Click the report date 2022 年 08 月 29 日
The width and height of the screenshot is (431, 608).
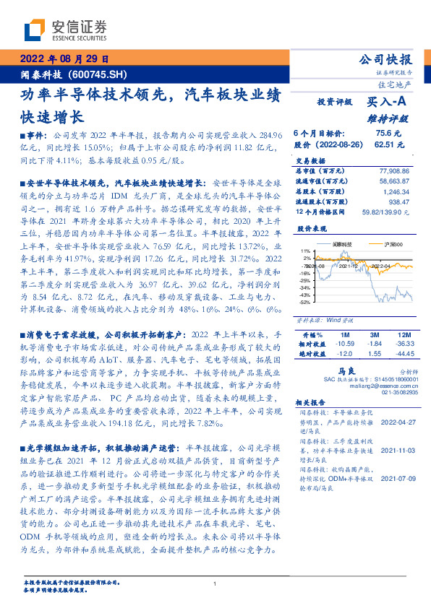64,58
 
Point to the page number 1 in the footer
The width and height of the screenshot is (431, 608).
215,584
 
